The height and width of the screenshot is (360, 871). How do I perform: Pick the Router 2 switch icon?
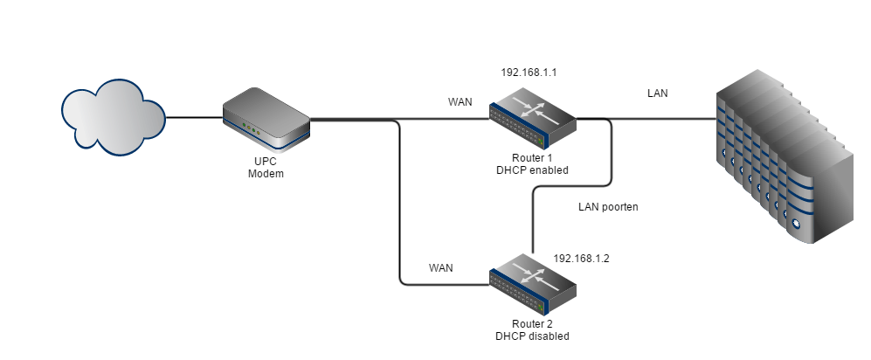click(x=533, y=284)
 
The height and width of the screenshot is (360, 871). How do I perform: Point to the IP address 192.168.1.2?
click(x=582, y=260)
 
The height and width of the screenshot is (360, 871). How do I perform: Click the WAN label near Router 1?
click(x=460, y=102)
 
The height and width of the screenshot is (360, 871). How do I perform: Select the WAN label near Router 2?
click(x=440, y=268)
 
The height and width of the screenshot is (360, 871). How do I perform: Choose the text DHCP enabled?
click(x=532, y=170)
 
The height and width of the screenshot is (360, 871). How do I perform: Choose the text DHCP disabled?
click(x=532, y=336)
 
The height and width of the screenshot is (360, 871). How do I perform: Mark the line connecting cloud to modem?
click(x=194, y=117)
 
